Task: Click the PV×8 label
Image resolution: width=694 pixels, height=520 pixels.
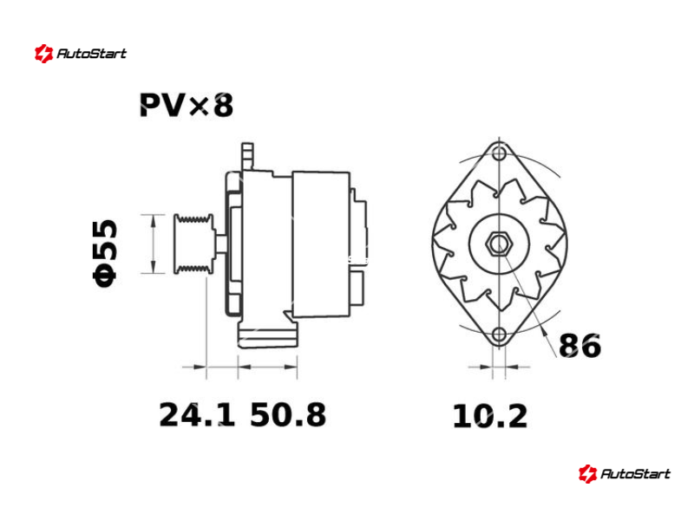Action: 187,105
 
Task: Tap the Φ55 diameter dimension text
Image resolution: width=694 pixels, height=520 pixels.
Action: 105,253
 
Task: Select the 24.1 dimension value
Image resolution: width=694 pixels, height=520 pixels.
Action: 197,415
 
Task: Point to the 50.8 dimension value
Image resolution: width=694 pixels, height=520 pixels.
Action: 288,415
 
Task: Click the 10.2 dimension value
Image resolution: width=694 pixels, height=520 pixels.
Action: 490,417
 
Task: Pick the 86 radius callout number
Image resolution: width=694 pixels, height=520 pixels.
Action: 579,346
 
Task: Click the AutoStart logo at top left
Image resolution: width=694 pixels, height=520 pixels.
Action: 81,54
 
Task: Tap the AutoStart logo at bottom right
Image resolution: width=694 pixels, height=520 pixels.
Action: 625,473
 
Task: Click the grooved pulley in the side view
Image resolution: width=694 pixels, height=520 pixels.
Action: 193,244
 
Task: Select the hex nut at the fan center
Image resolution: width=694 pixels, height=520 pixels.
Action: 500,244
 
